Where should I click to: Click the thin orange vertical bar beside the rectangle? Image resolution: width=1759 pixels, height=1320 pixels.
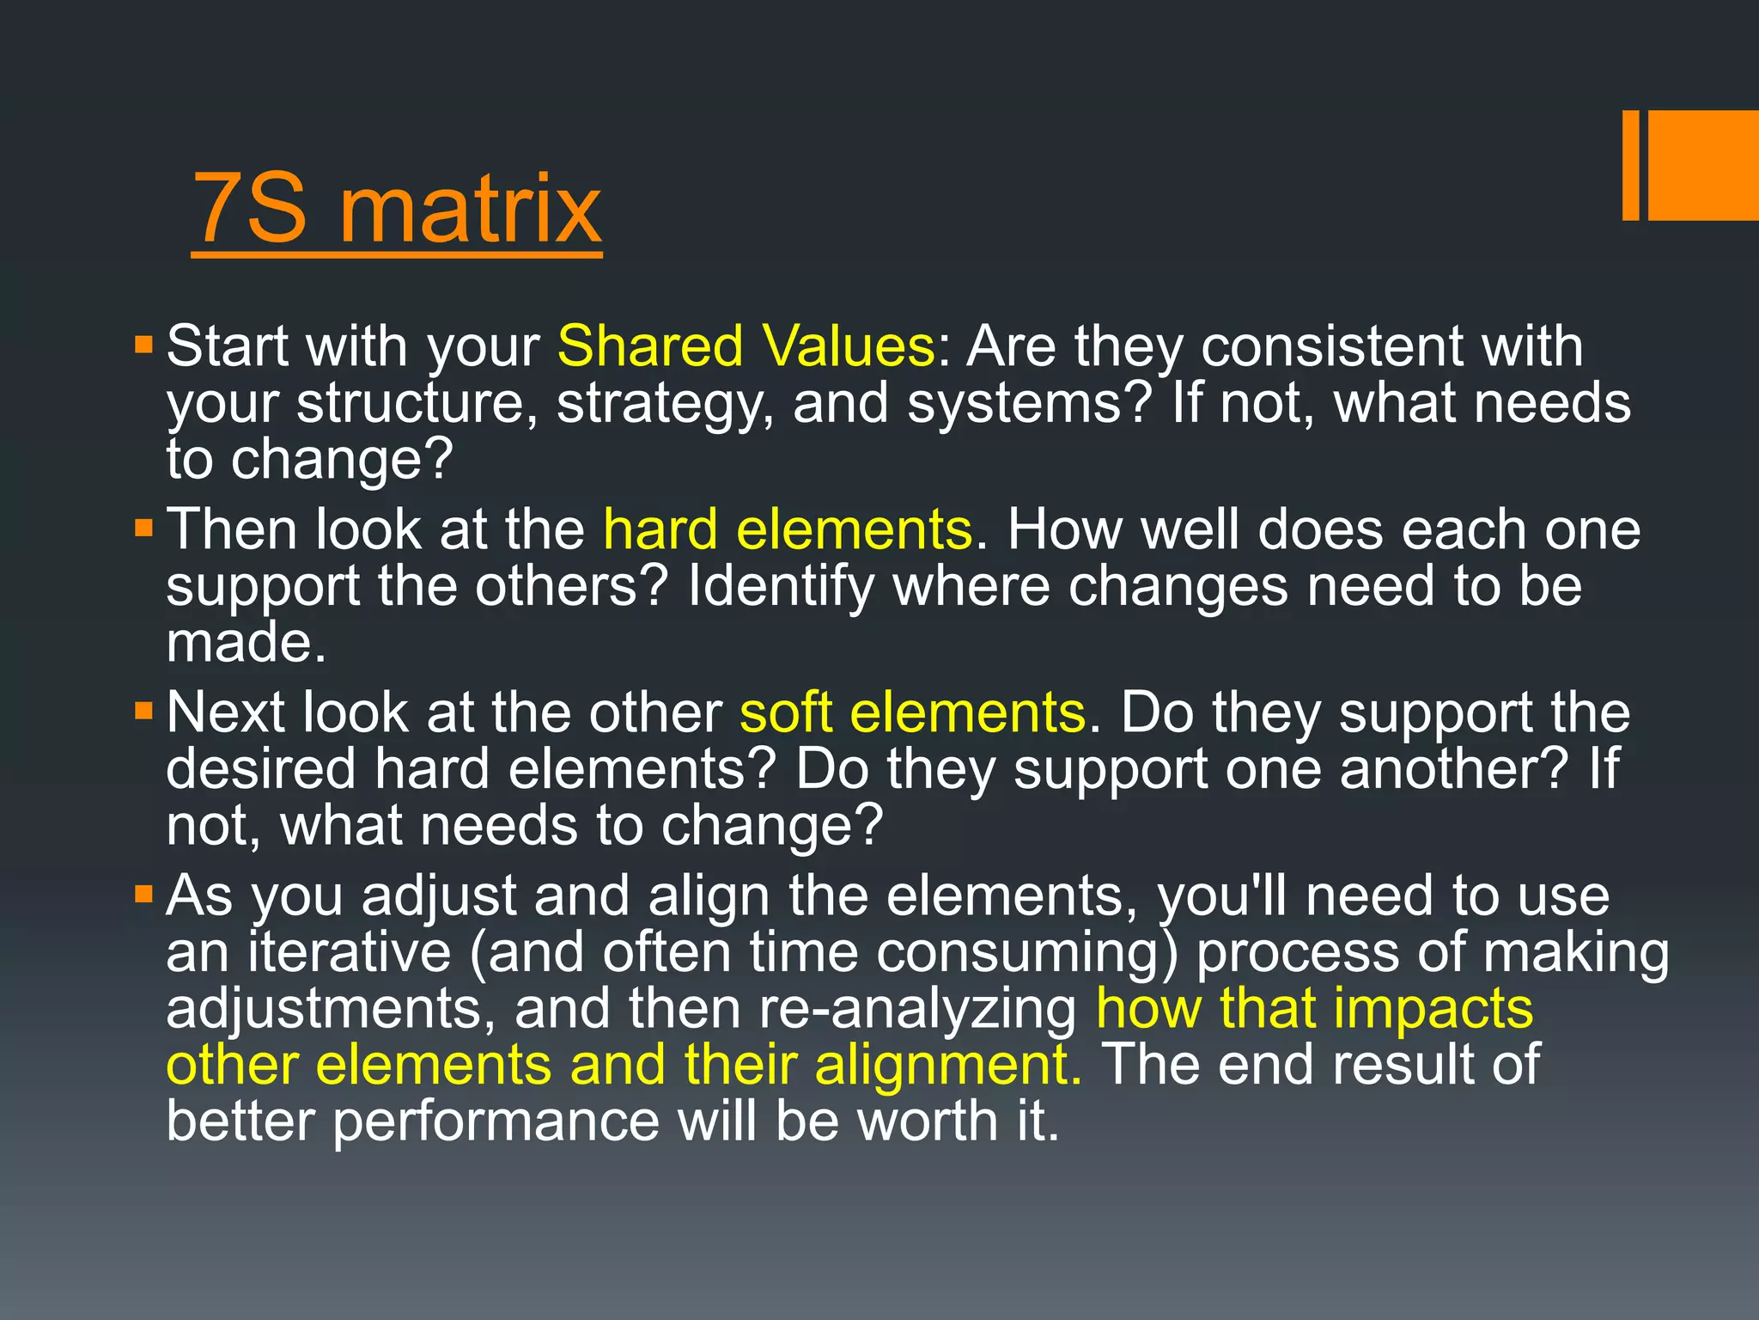[x=1630, y=165]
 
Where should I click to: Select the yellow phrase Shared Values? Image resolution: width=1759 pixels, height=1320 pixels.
[x=746, y=346]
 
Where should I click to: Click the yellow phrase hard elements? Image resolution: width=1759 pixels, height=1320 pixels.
[x=787, y=529]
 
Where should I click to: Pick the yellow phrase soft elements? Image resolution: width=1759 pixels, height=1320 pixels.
[x=912, y=712]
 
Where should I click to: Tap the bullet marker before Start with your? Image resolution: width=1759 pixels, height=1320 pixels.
[x=143, y=346]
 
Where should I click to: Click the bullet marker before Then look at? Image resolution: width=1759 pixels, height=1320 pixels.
[x=143, y=528]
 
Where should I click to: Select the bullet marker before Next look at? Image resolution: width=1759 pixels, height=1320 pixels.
[x=143, y=712]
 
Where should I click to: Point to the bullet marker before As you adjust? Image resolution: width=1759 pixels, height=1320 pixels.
[x=143, y=895]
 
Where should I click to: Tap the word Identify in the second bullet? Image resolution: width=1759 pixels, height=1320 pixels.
[x=780, y=586]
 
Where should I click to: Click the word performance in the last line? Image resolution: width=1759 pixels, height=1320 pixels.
[x=495, y=1121]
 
